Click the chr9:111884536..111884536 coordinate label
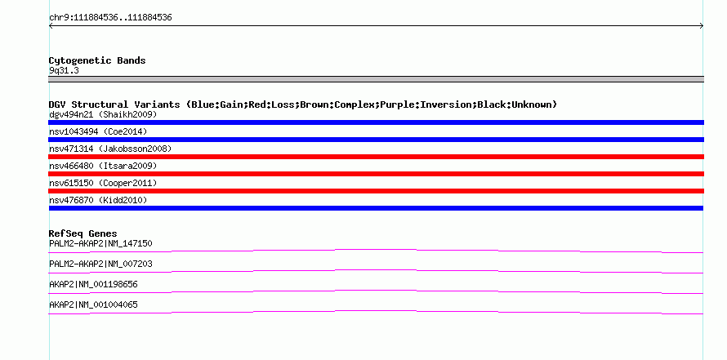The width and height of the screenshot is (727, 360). [110, 18]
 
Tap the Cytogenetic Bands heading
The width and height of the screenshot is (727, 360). [97, 60]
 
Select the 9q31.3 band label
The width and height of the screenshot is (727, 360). [64, 70]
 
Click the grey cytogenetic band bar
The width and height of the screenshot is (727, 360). [376, 78]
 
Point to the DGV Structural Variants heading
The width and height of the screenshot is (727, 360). [303, 104]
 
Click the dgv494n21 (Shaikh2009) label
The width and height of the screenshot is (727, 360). [103, 114]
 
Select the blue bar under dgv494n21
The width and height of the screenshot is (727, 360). [376, 122]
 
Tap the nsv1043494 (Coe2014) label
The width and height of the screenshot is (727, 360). [98, 131]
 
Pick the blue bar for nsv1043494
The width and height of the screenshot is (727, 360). [376, 140]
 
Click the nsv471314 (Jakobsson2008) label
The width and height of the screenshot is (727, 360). [110, 149]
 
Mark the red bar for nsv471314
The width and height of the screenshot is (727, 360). [376, 157]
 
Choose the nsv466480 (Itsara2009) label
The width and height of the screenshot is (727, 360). [103, 166]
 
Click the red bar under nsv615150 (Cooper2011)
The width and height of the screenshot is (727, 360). [376, 191]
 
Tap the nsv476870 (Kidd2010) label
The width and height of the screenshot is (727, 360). [98, 200]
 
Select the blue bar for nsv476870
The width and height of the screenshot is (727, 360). [376, 208]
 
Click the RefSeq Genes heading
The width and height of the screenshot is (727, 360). [83, 233]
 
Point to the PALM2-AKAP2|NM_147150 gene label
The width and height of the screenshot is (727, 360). [100, 243]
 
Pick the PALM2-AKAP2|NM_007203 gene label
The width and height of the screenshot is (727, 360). [100, 264]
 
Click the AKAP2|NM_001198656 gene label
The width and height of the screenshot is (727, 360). [93, 284]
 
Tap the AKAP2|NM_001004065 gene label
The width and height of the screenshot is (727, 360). [93, 304]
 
